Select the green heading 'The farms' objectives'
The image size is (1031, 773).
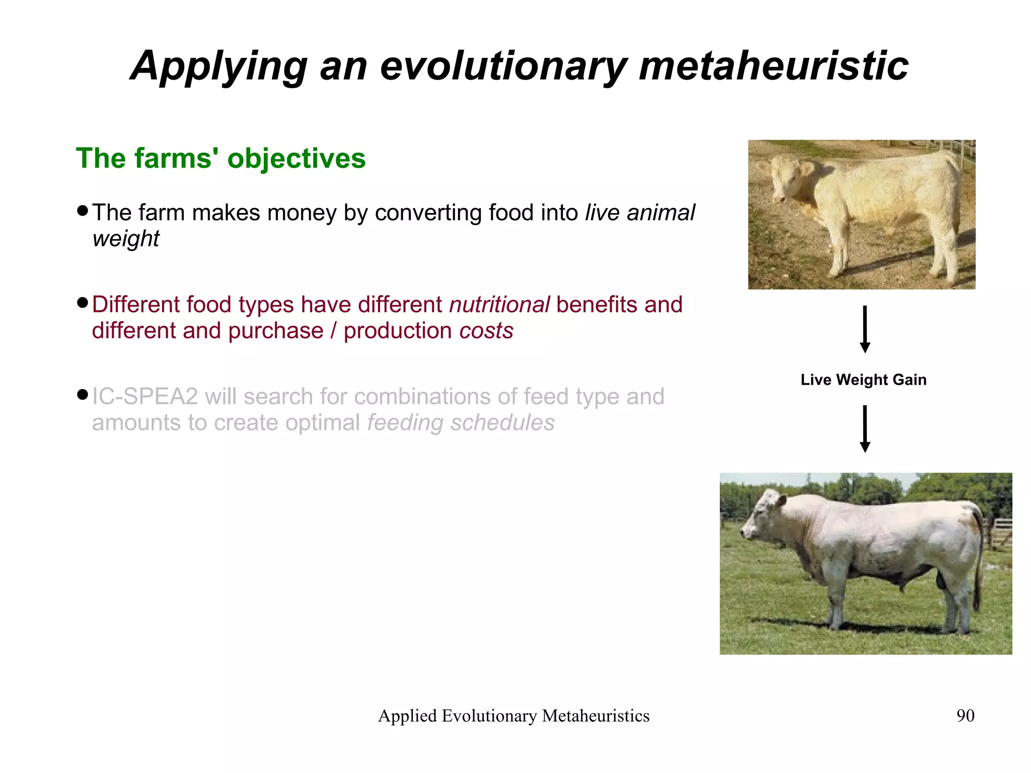click(x=220, y=158)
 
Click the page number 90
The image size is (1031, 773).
click(x=965, y=716)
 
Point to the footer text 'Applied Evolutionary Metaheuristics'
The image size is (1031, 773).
click(x=513, y=716)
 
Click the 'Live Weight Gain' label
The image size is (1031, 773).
click(x=863, y=380)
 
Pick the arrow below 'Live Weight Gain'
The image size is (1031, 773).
click(x=865, y=429)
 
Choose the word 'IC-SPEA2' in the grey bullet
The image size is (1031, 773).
click(x=145, y=397)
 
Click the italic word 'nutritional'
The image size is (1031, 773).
click(x=499, y=305)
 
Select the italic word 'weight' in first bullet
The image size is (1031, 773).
click(x=126, y=239)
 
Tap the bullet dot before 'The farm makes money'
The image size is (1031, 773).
click(x=83, y=210)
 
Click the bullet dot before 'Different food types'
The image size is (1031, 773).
click(x=83, y=303)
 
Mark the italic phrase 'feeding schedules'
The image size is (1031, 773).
click(x=461, y=423)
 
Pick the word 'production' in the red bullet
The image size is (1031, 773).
click(x=398, y=331)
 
